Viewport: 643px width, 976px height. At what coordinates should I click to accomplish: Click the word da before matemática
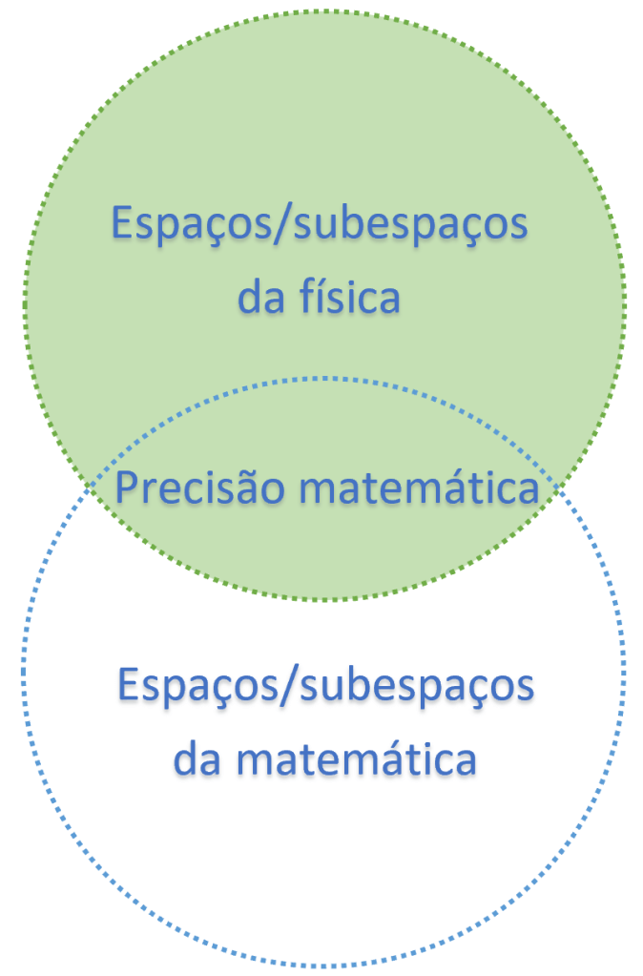point(197,760)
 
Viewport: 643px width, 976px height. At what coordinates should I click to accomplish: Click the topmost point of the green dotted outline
point(324,11)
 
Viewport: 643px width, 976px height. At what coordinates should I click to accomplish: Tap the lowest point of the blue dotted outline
point(324,966)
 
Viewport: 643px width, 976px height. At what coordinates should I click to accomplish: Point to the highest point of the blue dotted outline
point(324,378)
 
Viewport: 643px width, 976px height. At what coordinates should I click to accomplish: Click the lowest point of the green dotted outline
point(324,600)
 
